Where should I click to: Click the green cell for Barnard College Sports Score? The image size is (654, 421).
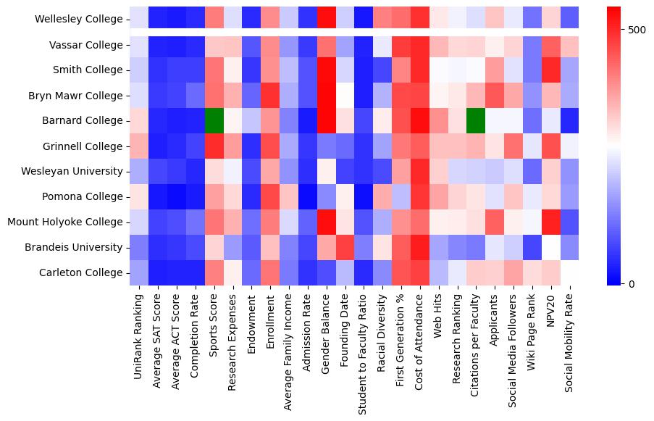[x=214, y=121]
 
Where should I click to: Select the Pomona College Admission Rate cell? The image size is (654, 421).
[x=308, y=197]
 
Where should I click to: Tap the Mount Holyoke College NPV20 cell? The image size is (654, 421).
[x=551, y=222]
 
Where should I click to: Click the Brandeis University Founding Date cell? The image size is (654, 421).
[x=345, y=247]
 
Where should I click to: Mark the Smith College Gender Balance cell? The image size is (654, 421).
[x=327, y=70]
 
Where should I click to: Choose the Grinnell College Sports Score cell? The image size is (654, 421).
[x=214, y=146]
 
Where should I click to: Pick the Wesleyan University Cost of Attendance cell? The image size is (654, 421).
[x=420, y=172]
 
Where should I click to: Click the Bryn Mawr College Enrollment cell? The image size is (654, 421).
[x=270, y=96]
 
